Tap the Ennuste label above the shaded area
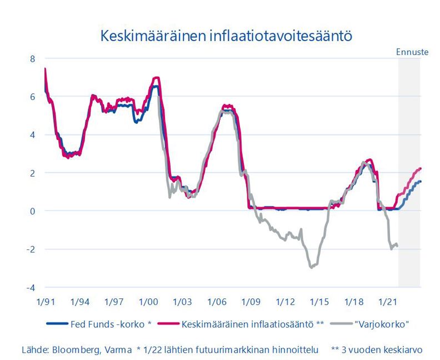click(412, 52)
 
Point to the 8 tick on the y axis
click(32, 58)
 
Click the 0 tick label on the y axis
click(32, 211)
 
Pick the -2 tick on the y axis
click(31, 249)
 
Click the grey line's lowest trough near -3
click(312, 267)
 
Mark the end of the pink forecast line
click(421, 168)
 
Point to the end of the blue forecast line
click(421, 182)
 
